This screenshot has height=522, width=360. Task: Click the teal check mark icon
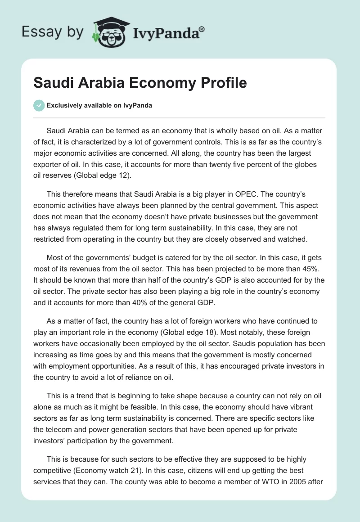click(x=39, y=105)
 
